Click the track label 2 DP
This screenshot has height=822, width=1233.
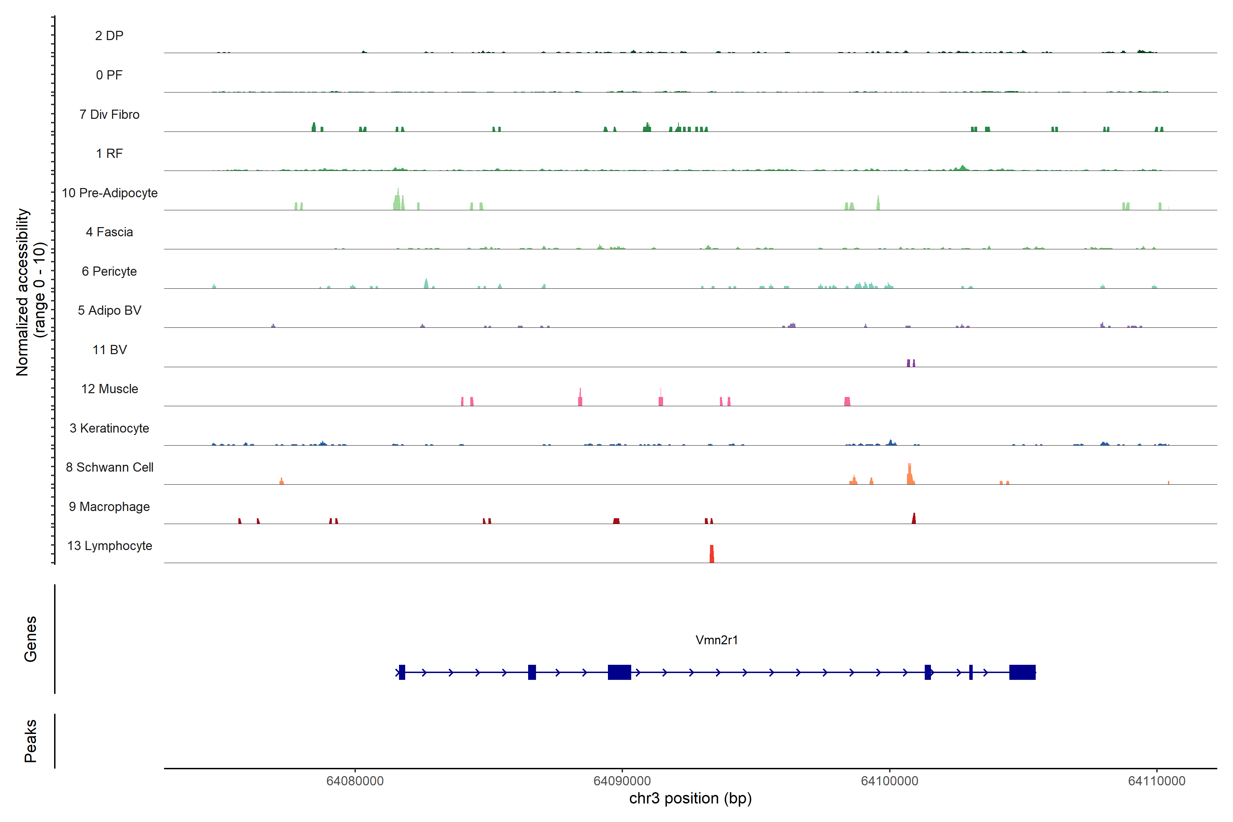(x=109, y=36)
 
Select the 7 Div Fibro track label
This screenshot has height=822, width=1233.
(x=109, y=114)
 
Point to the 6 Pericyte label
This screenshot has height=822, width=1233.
(x=109, y=271)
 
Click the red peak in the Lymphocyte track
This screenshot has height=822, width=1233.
(x=711, y=554)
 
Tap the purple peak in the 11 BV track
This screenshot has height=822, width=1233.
(x=911, y=363)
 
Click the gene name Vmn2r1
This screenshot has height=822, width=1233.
(x=716, y=640)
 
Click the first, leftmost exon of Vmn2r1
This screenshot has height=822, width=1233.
(x=402, y=672)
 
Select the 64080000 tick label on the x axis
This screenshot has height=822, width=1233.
(x=355, y=781)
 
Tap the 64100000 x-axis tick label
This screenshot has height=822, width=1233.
(x=889, y=781)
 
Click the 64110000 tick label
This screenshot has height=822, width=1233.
(x=1157, y=781)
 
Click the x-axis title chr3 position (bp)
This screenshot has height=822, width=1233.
(x=690, y=798)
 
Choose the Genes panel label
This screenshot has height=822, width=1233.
(x=30, y=639)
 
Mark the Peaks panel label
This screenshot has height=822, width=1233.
(x=30, y=741)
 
